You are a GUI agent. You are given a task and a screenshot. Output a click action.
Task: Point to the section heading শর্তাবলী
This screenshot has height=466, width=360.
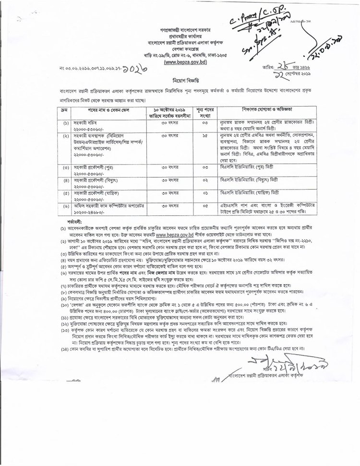pos(68,221)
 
